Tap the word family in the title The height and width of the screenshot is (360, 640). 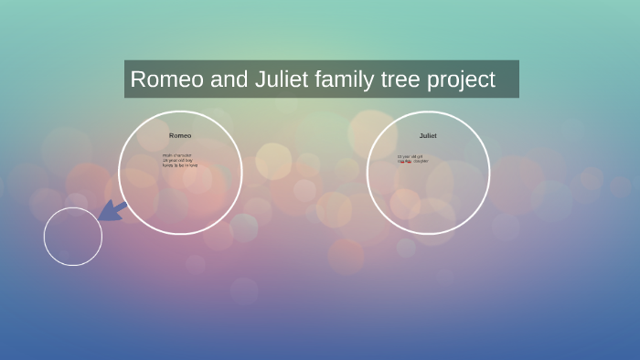click(344, 79)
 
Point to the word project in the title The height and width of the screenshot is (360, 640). click(460, 80)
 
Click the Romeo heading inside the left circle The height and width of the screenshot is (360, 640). click(180, 135)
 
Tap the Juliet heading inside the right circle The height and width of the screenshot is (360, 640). click(428, 135)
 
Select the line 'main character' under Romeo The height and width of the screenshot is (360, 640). click(177, 155)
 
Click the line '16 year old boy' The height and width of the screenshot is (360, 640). click(177, 161)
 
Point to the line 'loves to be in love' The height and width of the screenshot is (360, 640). click(180, 165)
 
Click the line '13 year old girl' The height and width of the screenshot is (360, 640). click(411, 156)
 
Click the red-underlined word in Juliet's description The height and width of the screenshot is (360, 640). click(402, 161)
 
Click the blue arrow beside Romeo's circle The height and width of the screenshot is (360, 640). click(112, 211)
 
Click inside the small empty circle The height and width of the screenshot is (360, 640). click(72, 237)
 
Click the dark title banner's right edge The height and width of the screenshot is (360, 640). click(517, 79)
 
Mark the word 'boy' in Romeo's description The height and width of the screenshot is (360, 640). click(190, 161)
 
